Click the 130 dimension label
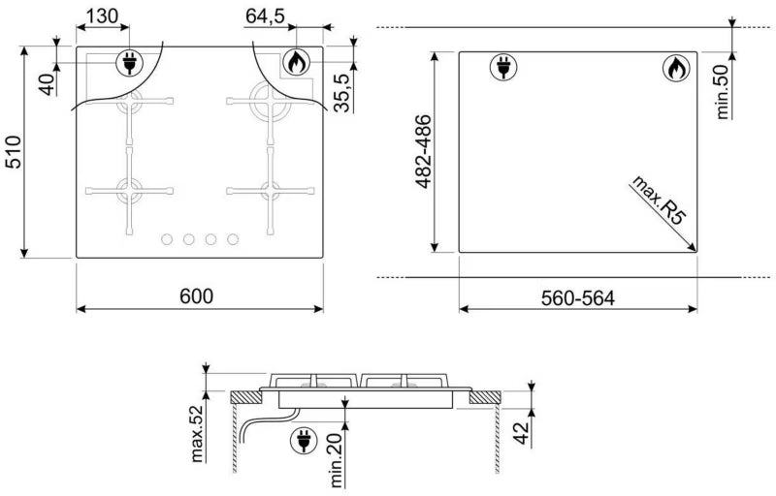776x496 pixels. [x=103, y=16]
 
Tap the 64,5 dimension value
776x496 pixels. [x=265, y=16]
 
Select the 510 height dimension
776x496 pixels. [x=14, y=152]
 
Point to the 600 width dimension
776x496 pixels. [x=197, y=295]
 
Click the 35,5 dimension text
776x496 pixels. [x=342, y=92]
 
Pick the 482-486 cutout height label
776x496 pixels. [x=424, y=152]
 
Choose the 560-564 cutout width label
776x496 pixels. [x=578, y=298]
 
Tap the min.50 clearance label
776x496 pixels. [x=722, y=91]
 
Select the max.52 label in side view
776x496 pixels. [x=197, y=434]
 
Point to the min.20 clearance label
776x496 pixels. [x=336, y=460]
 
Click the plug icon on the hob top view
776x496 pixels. [x=129, y=63]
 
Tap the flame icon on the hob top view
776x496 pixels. [x=297, y=62]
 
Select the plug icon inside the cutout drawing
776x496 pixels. [x=503, y=67]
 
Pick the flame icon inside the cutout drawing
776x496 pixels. [x=676, y=68]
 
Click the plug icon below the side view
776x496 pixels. [x=304, y=440]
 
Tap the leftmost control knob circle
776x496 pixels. [x=168, y=239]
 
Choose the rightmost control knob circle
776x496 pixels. [x=233, y=239]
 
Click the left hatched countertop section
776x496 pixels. [x=246, y=397]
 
